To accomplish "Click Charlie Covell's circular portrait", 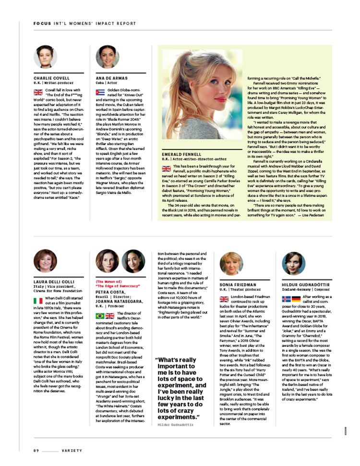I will click(x=45, y=57).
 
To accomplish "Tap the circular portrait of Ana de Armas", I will click(x=108, y=57).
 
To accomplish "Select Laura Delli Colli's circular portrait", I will click(x=45, y=261).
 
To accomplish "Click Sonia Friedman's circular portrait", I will click(x=231, y=263).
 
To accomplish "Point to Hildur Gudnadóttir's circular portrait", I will click(x=293, y=263).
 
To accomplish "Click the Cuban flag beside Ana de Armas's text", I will click(x=100, y=92).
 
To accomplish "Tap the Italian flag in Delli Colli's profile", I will click(x=38, y=301).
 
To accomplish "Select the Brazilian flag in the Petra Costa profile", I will click(x=100, y=316).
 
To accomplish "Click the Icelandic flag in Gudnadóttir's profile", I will click(x=286, y=299).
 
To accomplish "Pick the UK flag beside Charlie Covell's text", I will click(x=38, y=92).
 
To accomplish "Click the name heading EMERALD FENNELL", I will click(x=180, y=154).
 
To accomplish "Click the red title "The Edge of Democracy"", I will click(x=115, y=285).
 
